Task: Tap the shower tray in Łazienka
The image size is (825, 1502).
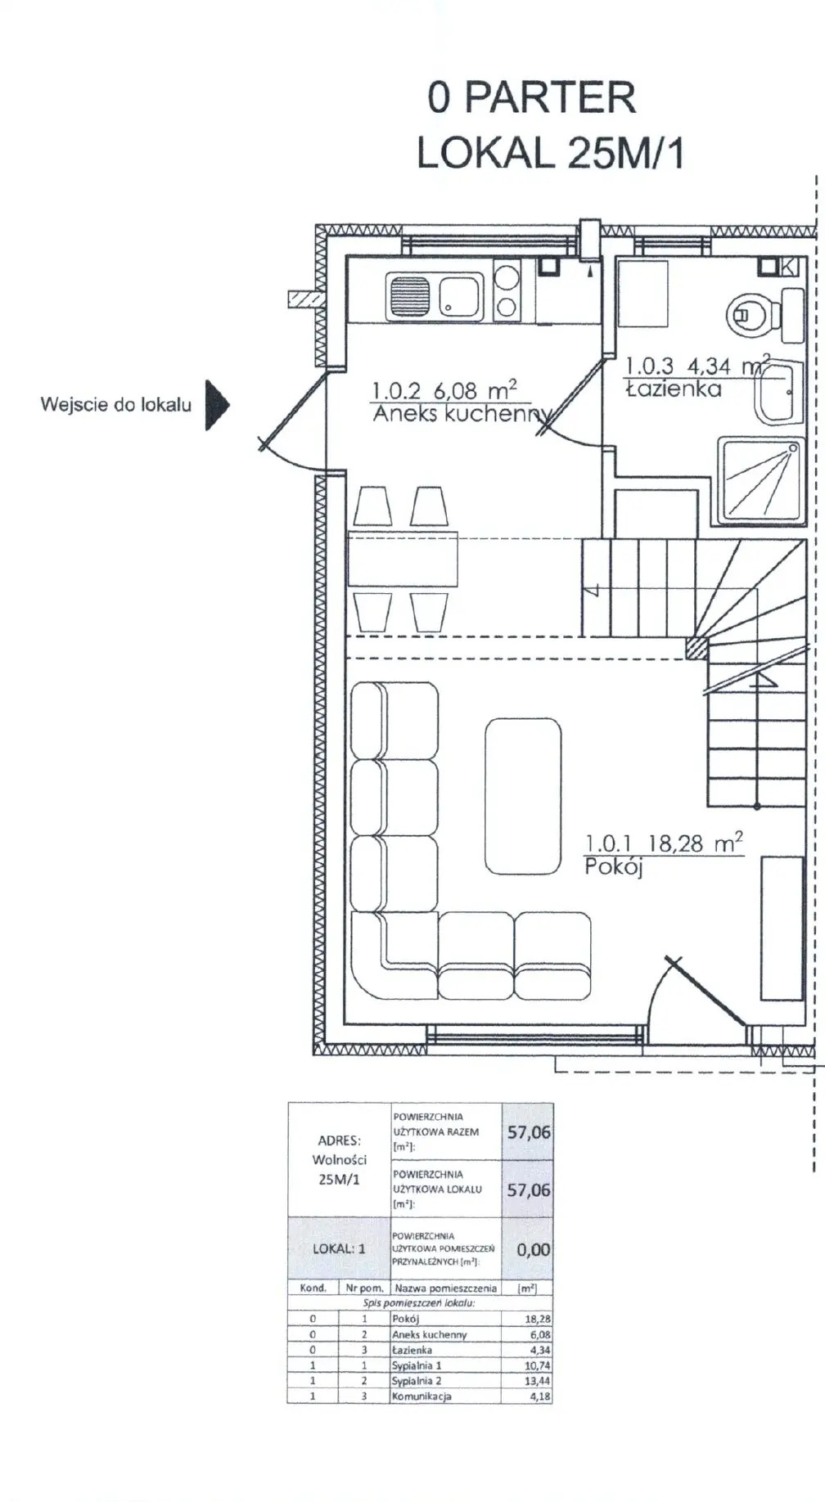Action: pyautogui.click(x=760, y=480)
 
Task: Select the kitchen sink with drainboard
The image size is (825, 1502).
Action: pyautogui.click(x=434, y=296)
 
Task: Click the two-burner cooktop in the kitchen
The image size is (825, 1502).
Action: pyautogui.click(x=507, y=295)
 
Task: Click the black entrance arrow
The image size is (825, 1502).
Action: pyautogui.click(x=216, y=404)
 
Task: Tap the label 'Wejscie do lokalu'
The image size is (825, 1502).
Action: pyautogui.click(x=115, y=404)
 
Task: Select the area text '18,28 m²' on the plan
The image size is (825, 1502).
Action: pyautogui.click(x=696, y=843)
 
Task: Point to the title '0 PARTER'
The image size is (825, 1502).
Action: pyautogui.click(x=531, y=97)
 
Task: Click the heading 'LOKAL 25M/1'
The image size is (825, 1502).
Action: pyautogui.click(x=550, y=152)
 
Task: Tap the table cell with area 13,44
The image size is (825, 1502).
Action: pyautogui.click(x=526, y=1381)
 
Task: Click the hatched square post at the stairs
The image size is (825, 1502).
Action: pyautogui.click(x=696, y=647)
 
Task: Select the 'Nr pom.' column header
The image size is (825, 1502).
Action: pyautogui.click(x=364, y=1288)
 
